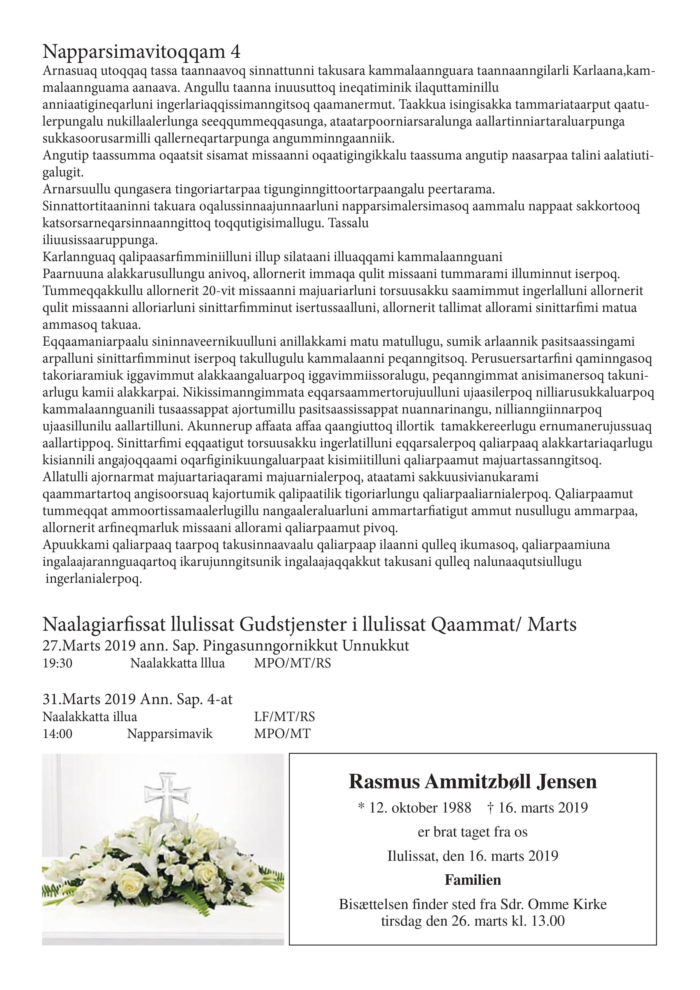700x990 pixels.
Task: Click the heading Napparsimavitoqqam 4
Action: [x=141, y=52]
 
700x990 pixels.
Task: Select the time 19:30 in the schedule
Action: [x=57, y=663]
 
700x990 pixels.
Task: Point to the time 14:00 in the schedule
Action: [x=57, y=733]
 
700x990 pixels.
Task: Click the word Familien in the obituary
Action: [x=473, y=880]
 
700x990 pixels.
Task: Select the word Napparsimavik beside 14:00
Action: [x=170, y=733]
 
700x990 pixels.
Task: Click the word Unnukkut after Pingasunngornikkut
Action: [x=376, y=645]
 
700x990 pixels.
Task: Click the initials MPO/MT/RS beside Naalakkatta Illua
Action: [x=292, y=663]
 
